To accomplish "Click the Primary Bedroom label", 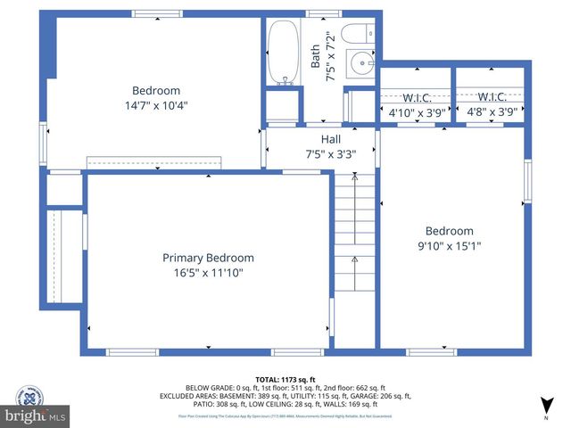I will (x=208, y=258).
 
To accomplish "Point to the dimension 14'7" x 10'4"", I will (x=156, y=105).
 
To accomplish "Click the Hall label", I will (x=331, y=139).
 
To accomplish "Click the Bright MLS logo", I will (x=35, y=416).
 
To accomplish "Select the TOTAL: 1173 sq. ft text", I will (x=285, y=379).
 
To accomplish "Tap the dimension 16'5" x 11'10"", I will (x=208, y=273).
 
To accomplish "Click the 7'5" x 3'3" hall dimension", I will (x=331, y=153).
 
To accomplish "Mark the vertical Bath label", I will (x=315, y=57).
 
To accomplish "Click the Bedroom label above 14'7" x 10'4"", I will (x=156, y=90).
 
